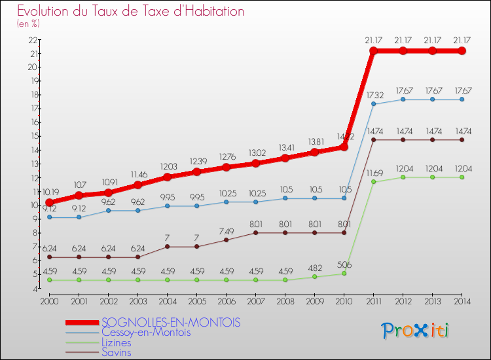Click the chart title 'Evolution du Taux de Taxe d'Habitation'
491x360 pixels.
(x=131, y=11)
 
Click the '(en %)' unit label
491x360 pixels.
(x=29, y=24)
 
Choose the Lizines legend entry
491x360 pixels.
(x=117, y=343)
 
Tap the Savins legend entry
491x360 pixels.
(x=116, y=353)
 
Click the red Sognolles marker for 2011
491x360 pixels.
(x=374, y=50)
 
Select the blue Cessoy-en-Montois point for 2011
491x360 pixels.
(x=374, y=104)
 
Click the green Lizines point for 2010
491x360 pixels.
(x=344, y=274)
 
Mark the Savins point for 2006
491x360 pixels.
(x=226, y=240)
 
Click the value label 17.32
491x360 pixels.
(x=374, y=95)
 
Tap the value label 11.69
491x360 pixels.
(x=374, y=173)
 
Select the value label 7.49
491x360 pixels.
(x=226, y=231)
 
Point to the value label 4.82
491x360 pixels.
(x=315, y=268)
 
